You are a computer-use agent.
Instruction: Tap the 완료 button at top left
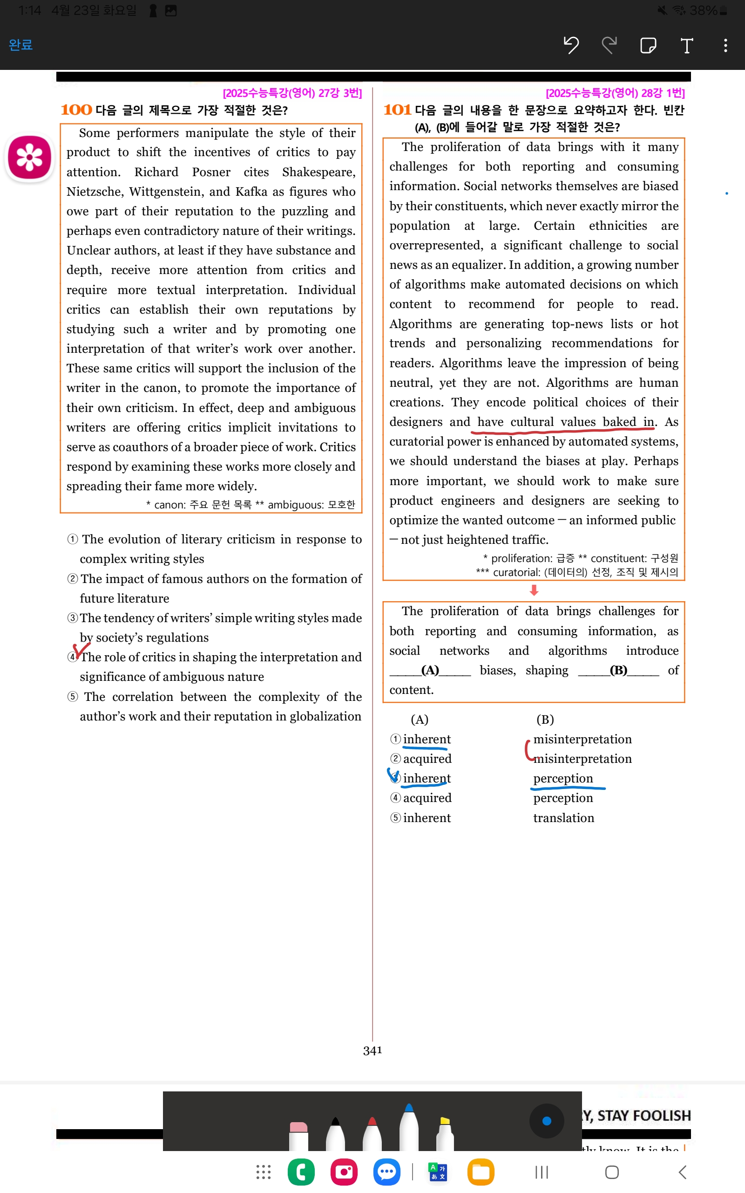pyautogui.click(x=20, y=45)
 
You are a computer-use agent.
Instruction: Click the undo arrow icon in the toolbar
pyautogui.click(x=571, y=45)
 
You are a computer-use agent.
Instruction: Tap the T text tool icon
pyautogui.click(x=686, y=45)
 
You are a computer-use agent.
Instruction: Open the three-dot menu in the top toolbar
pyautogui.click(x=725, y=45)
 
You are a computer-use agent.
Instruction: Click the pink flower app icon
pyautogui.click(x=29, y=157)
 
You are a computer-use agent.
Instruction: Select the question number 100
pyautogui.click(x=76, y=110)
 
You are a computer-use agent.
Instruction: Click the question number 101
pyautogui.click(x=397, y=110)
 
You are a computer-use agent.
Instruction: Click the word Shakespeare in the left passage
pyautogui.click(x=318, y=172)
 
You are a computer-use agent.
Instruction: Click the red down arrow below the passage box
pyautogui.click(x=534, y=590)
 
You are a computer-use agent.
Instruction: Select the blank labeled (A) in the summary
pyautogui.click(x=430, y=671)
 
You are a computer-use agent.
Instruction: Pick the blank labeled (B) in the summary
pyautogui.click(x=618, y=671)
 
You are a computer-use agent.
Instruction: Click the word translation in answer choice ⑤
pyautogui.click(x=563, y=818)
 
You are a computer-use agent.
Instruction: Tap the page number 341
pyautogui.click(x=372, y=1050)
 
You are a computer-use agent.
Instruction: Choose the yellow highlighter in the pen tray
pyautogui.click(x=445, y=1134)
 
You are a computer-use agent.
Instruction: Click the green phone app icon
pyautogui.click(x=301, y=1172)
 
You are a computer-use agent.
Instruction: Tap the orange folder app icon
pyautogui.click(x=481, y=1172)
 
